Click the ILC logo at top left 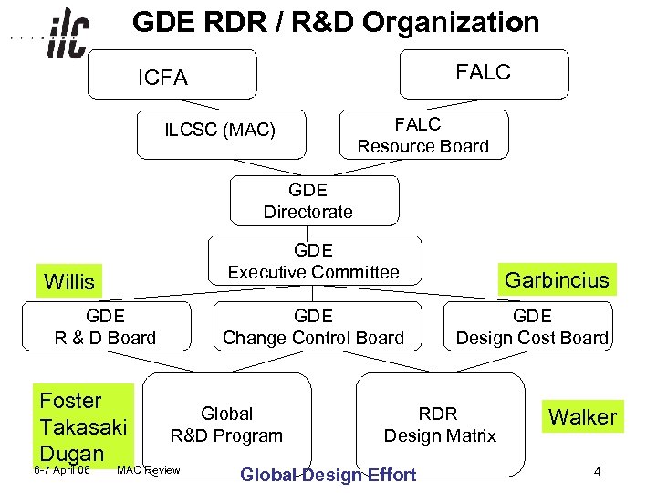pyautogui.click(x=68, y=35)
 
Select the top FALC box pyautogui.click(x=484, y=73)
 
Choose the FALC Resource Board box pyautogui.click(x=422, y=135)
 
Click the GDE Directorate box pyautogui.click(x=308, y=201)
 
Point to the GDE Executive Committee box pyautogui.click(x=314, y=261)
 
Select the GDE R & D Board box pyautogui.click(x=106, y=327)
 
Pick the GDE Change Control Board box pyautogui.click(x=313, y=327)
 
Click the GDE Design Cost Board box pyautogui.click(x=532, y=327)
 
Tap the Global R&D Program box pyautogui.click(x=227, y=425)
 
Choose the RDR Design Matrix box pyautogui.click(x=439, y=425)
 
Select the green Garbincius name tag pyautogui.click(x=557, y=279)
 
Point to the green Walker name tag pyautogui.click(x=582, y=417)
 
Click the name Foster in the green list pyautogui.click(x=71, y=401)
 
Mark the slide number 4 pyautogui.click(x=597, y=472)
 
